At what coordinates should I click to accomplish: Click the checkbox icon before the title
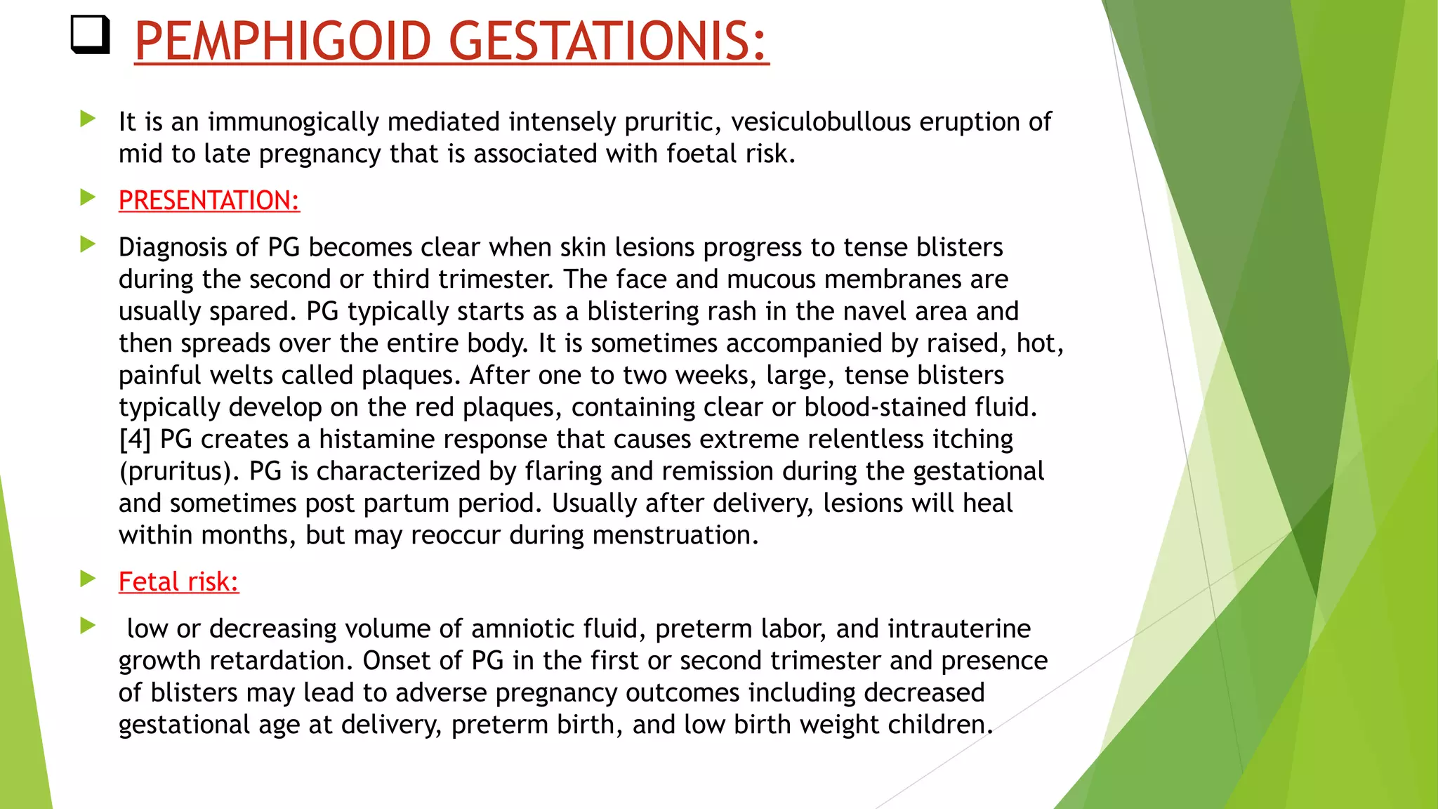[91, 35]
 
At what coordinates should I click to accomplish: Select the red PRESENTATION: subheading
[209, 201]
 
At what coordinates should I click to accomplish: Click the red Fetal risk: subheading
[178, 582]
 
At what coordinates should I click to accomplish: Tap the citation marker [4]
[135, 440]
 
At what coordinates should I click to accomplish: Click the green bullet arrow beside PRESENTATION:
[88, 197]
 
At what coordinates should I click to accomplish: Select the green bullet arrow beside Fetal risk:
[88, 579]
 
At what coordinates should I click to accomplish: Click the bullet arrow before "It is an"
[88, 119]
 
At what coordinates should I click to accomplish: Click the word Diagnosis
[172, 248]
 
